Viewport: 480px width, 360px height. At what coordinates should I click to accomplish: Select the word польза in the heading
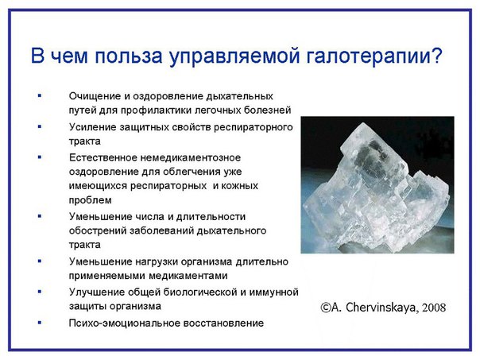pos(128,56)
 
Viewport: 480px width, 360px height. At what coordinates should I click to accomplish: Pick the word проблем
pos(90,200)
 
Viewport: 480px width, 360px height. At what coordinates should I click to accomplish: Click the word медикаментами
pos(188,276)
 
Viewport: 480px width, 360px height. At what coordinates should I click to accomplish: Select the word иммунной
pos(273,292)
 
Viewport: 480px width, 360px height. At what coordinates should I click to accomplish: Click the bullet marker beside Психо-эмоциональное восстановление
pos(40,323)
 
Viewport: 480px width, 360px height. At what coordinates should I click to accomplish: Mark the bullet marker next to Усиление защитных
pos(40,126)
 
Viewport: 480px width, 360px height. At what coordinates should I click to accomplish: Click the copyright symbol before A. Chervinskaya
pos(325,308)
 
